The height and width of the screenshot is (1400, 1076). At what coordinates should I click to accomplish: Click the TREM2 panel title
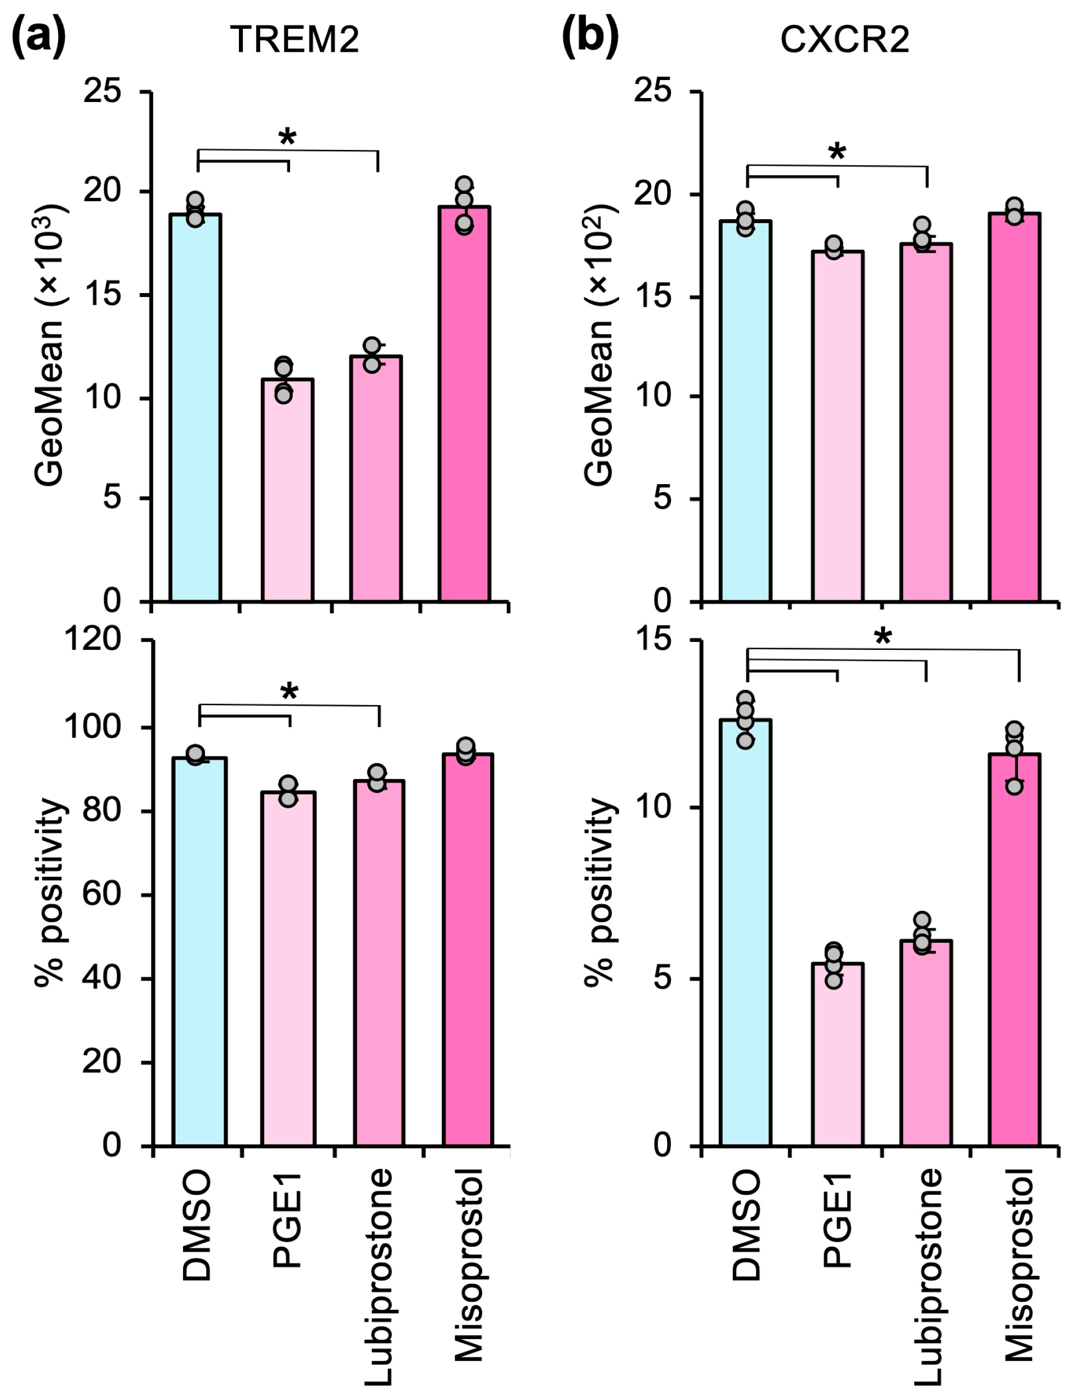point(295,39)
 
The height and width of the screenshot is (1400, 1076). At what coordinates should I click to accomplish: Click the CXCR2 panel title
point(844,39)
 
